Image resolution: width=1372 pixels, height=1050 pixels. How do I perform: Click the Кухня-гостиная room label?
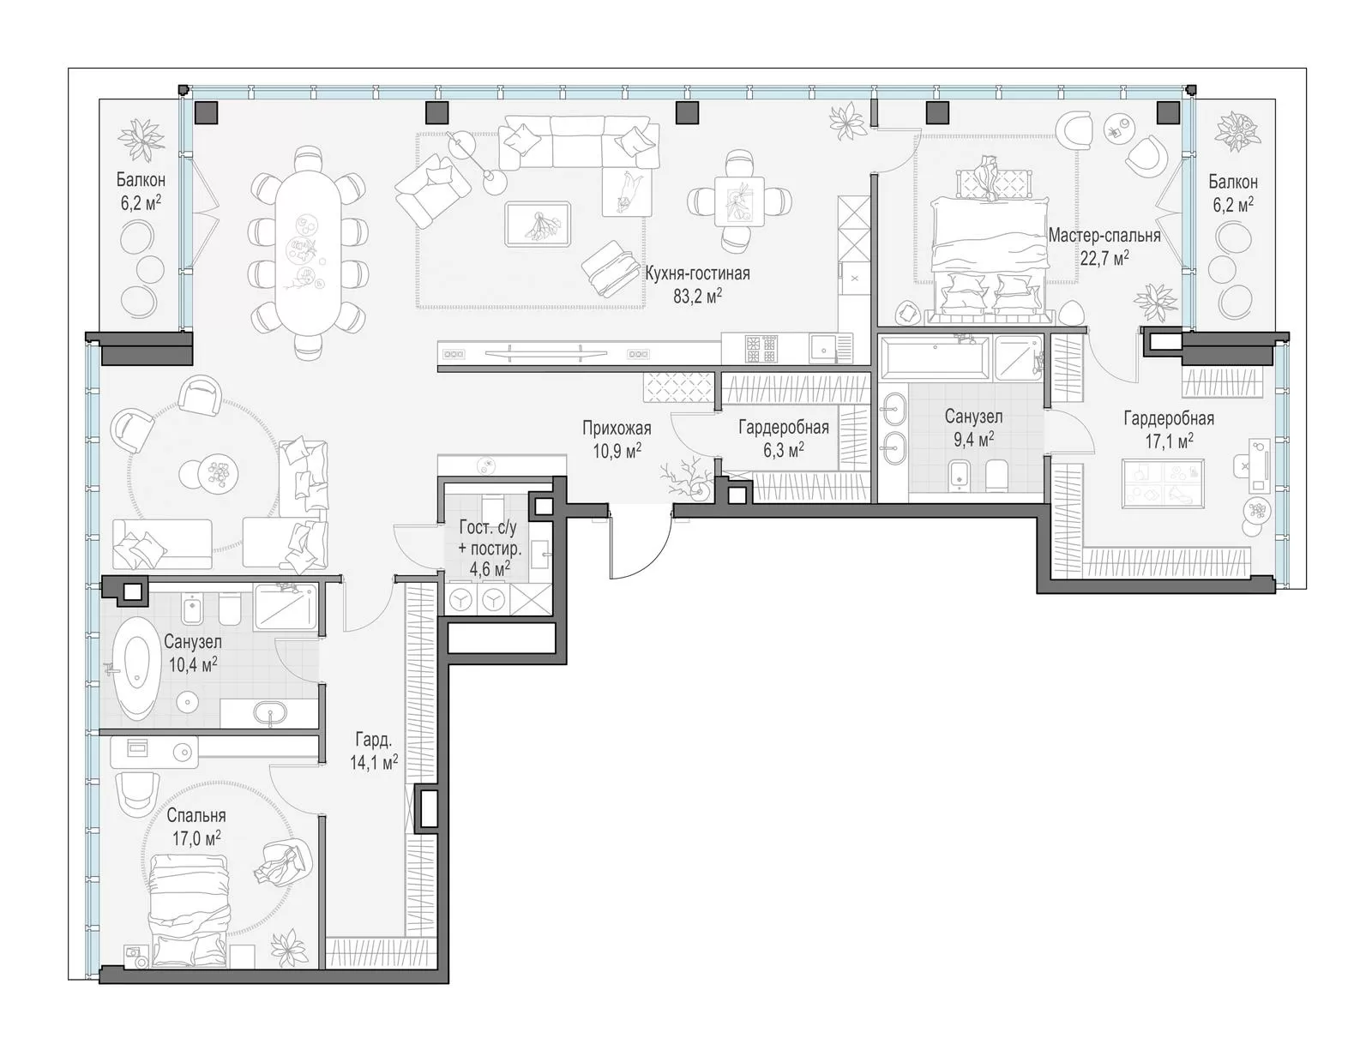tap(697, 273)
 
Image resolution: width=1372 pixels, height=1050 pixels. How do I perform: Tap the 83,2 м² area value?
tap(697, 296)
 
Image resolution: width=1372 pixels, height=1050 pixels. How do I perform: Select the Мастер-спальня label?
tap(1104, 236)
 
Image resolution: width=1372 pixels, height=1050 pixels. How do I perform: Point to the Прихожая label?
tap(617, 428)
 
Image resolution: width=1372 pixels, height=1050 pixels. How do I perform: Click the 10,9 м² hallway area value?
tap(617, 451)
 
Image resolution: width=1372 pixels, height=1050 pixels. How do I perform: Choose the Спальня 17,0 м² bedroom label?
tap(196, 826)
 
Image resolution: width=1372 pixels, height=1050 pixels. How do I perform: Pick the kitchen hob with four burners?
tap(761, 349)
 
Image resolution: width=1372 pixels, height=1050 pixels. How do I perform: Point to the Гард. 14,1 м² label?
tap(374, 750)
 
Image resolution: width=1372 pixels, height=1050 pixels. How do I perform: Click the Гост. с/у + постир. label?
tap(490, 548)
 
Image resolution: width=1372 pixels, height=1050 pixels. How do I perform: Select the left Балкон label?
tap(140, 180)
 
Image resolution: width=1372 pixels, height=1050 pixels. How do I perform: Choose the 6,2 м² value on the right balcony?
tap(1232, 205)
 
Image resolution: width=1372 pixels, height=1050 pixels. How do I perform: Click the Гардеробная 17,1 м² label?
tap(1169, 429)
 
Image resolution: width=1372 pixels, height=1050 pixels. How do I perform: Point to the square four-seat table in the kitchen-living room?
tap(738, 201)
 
